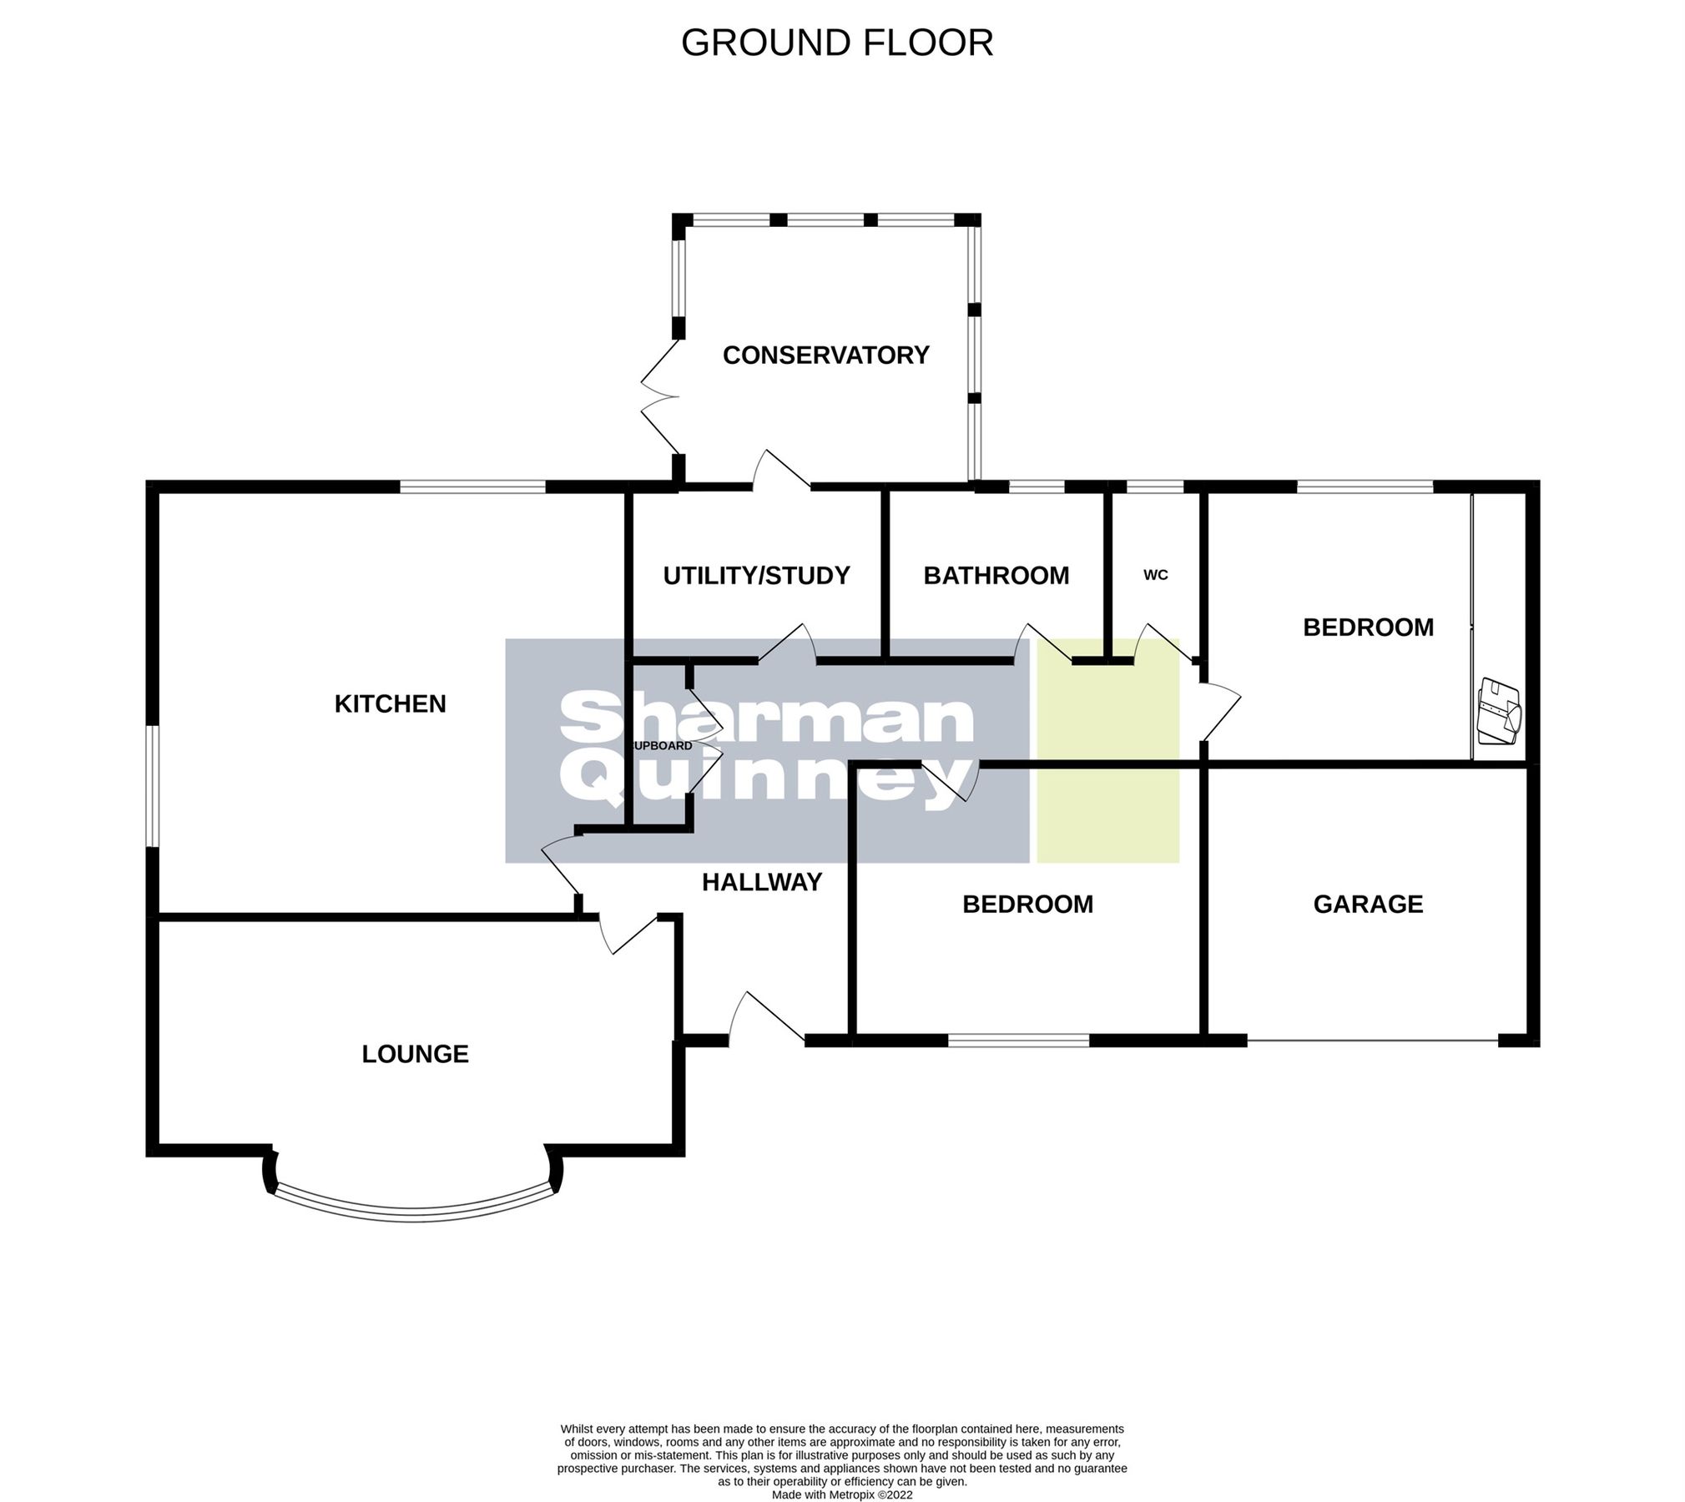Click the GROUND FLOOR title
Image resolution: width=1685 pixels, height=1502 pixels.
point(837,43)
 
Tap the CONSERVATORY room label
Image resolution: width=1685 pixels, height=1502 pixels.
point(825,355)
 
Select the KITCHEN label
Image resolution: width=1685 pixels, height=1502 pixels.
point(390,704)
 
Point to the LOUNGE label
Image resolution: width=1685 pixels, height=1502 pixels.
point(415,1054)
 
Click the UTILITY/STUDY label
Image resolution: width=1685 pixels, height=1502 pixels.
point(756,576)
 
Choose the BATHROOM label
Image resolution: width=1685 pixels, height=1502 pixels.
point(996,576)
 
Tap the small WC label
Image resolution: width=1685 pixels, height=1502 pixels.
point(1155,576)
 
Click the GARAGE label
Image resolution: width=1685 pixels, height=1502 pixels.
point(1367,904)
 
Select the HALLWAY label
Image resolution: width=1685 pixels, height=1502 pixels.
point(761,882)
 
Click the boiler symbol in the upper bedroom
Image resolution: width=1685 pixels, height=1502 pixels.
point(1499,712)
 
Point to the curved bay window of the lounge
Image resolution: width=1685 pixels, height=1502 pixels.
point(413,1212)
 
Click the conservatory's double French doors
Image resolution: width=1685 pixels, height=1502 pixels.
point(659,396)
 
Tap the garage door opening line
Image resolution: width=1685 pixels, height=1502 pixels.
point(1372,1041)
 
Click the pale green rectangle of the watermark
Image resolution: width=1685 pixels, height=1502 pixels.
point(1107,751)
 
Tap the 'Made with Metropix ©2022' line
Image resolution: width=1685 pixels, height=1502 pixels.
point(841,1494)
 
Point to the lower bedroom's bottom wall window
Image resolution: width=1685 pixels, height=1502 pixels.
point(1018,1041)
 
